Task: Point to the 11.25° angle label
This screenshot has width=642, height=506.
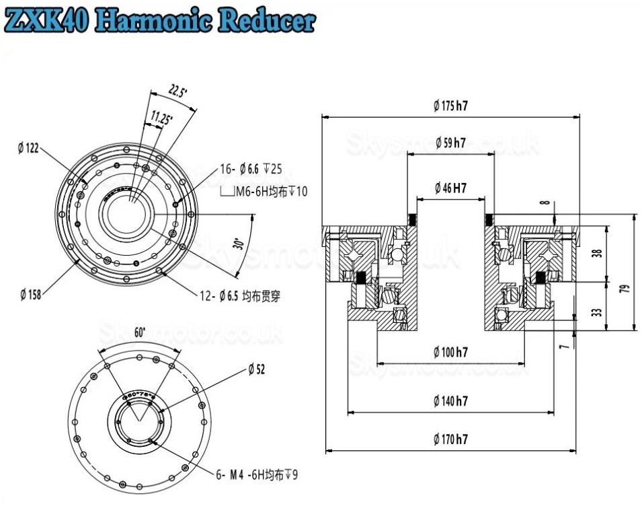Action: click(159, 118)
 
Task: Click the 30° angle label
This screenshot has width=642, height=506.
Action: click(238, 243)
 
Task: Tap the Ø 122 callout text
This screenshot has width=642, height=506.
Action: click(28, 149)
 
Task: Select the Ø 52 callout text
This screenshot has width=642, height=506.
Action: click(256, 369)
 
